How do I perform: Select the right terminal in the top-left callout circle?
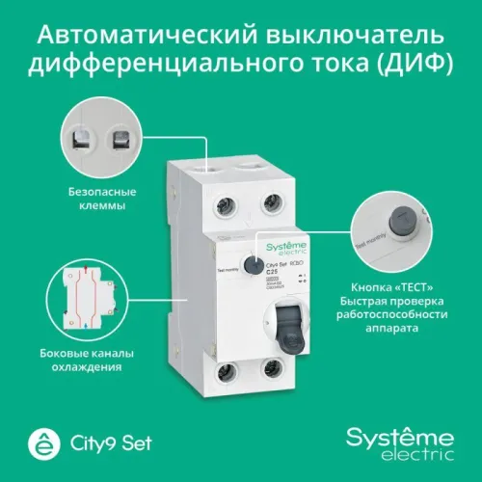[x=123, y=142]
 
